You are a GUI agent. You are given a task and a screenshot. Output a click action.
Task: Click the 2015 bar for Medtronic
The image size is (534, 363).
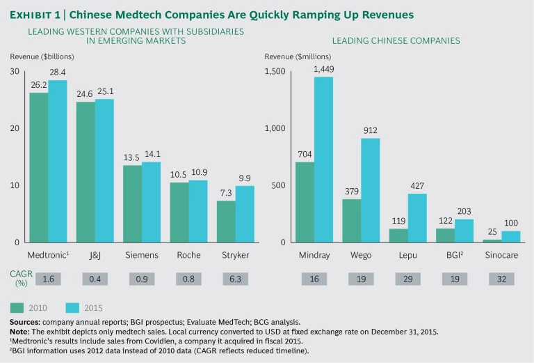click(x=57, y=161)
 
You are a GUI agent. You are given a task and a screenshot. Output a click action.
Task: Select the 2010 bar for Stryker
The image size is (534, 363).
click(x=226, y=222)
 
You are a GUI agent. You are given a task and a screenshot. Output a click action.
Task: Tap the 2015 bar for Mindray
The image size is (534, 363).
click(x=323, y=160)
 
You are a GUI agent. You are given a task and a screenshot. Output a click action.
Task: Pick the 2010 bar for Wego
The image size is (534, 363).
click(x=351, y=221)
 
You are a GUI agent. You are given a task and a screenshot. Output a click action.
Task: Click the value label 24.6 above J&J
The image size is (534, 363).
click(x=85, y=93)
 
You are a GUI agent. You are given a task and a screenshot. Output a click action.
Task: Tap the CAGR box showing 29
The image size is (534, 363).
click(x=407, y=279)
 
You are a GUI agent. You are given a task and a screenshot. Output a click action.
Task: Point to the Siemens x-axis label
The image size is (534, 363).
click(x=141, y=256)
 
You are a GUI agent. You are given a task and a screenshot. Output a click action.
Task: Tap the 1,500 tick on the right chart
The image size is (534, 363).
click(x=275, y=72)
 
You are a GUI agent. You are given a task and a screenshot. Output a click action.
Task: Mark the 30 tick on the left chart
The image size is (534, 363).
click(x=15, y=72)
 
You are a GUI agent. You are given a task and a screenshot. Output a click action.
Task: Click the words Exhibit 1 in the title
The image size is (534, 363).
click(x=35, y=15)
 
